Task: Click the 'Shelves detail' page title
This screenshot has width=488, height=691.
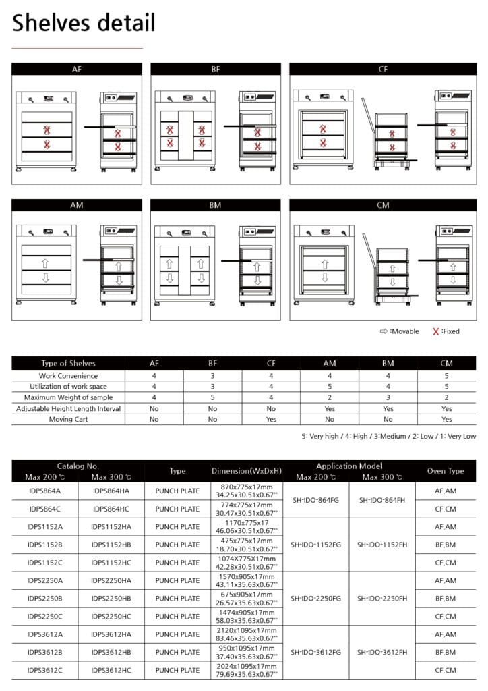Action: (84, 24)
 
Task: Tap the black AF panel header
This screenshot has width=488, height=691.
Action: (77, 69)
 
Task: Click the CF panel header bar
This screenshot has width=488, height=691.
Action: (382, 69)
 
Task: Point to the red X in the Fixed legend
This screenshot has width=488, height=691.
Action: (436, 331)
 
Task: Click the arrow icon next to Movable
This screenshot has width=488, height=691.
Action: (384, 331)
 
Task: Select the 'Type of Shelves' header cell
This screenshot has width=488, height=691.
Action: (68, 363)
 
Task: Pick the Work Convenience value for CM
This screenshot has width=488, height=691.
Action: (446, 375)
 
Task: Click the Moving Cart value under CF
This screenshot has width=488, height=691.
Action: (272, 419)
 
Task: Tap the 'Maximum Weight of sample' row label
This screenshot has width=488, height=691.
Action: (68, 397)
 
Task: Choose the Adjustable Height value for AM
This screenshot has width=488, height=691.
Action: (330, 408)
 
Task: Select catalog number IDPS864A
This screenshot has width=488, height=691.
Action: (44, 491)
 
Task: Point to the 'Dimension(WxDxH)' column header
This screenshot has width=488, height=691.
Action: (246, 471)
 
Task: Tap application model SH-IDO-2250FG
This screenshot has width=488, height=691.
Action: (315, 598)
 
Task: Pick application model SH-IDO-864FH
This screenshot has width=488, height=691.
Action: (382, 500)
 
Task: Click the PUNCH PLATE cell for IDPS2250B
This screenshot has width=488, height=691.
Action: (177, 598)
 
